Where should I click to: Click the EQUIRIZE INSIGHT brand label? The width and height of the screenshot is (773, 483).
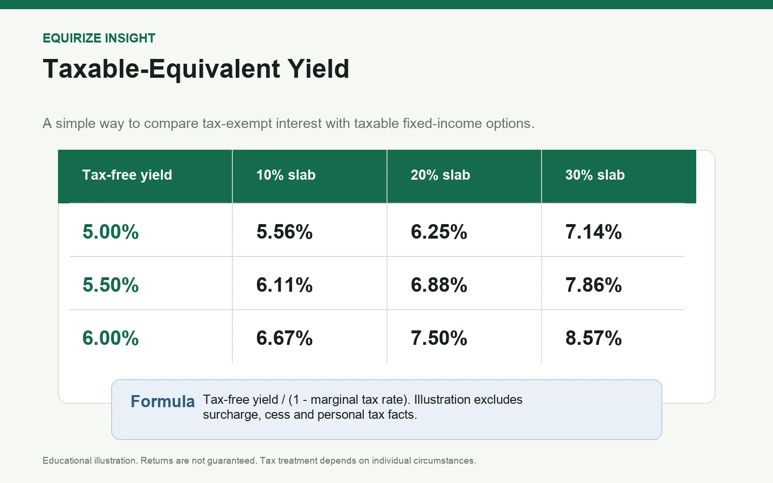tap(99, 38)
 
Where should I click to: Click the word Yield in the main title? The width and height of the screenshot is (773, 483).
tap(318, 69)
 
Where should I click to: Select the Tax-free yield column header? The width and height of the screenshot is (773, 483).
tap(127, 175)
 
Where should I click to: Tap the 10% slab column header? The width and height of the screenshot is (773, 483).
tap(286, 175)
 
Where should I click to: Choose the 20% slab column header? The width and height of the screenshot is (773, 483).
tap(440, 175)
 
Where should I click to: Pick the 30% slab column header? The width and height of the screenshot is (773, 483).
tap(595, 175)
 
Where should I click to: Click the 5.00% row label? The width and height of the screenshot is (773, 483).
tap(111, 231)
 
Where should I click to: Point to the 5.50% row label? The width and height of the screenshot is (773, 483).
tap(111, 284)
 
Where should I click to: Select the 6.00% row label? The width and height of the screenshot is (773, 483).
tap(111, 338)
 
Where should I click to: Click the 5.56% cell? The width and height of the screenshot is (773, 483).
tap(285, 231)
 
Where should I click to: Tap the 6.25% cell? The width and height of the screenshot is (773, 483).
tap(439, 231)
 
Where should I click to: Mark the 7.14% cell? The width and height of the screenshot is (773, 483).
tap(594, 231)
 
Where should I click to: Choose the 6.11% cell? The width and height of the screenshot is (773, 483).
tap(285, 284)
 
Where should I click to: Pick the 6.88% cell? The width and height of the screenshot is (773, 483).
tap(439, 284)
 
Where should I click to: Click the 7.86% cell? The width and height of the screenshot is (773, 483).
tap(594, 284)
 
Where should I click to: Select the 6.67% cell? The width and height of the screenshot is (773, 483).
tap(285, 338)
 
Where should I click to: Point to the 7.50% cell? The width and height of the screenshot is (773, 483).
tap(439, 338)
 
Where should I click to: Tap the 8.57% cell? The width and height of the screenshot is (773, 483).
tap(594, 338)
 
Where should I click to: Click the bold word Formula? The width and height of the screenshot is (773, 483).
tap(162, 401)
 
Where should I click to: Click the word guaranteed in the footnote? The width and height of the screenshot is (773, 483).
tap(231, 461)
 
